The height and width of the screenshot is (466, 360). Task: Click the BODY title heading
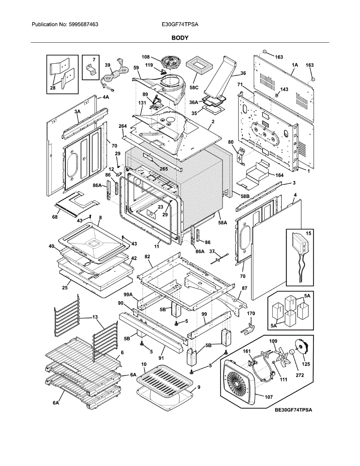180,38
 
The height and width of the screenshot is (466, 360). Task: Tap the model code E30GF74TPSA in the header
180,24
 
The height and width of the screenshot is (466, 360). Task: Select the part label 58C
194,88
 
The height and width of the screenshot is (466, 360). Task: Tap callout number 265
163,169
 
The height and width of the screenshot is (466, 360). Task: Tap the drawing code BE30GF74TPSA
294,410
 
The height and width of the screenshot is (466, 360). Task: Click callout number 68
55,217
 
